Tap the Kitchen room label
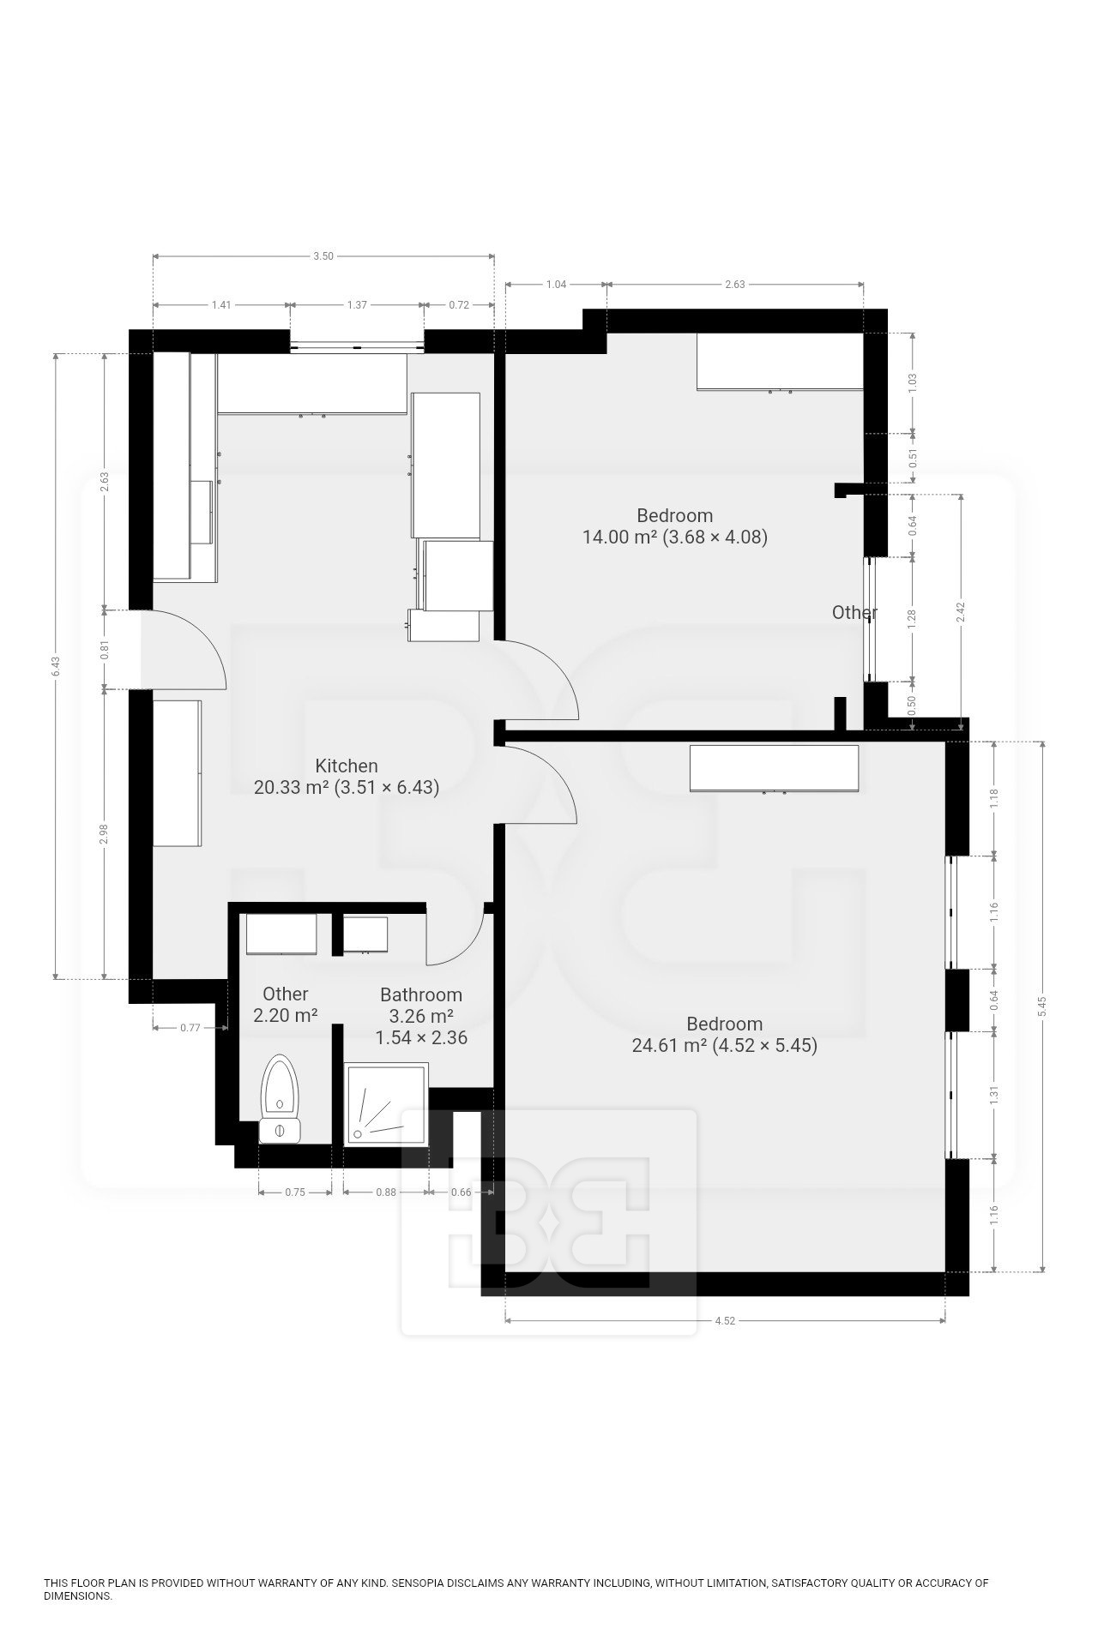(347, 766)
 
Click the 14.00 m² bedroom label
(674, 526)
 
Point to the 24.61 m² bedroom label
(725, 1035)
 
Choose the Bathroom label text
(421, 994)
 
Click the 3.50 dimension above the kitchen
(323, 256)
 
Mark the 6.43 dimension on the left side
(56, 666)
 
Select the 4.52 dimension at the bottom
(725, 1321)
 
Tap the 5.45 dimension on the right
(1043, 1006)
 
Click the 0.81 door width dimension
(105, 649)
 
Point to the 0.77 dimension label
(190, 1027)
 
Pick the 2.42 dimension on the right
(961, 611)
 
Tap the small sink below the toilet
(279, 1131)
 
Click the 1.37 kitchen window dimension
(357, 304)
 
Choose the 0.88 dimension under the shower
(386, 1192)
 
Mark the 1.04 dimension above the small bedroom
(556, 285)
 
